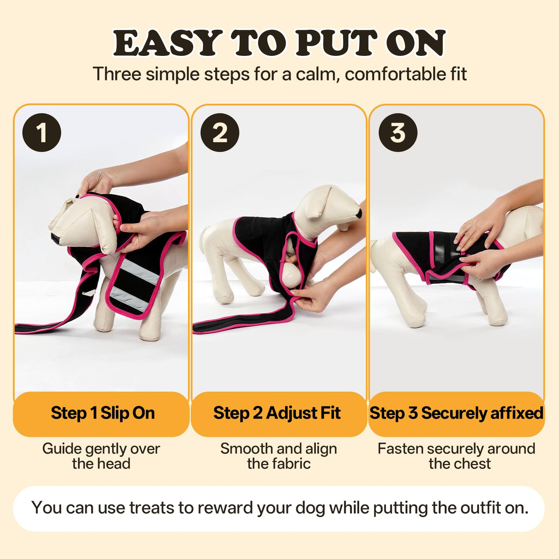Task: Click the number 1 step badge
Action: click(42, 132)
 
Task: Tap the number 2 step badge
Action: click(220, 132)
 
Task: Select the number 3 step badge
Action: click(398, 132)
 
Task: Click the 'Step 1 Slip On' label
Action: click(102, 413)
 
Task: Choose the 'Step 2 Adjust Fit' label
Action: click(277, 413)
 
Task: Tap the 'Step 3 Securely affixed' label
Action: click(457, 413)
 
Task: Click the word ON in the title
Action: click(415, 43)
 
